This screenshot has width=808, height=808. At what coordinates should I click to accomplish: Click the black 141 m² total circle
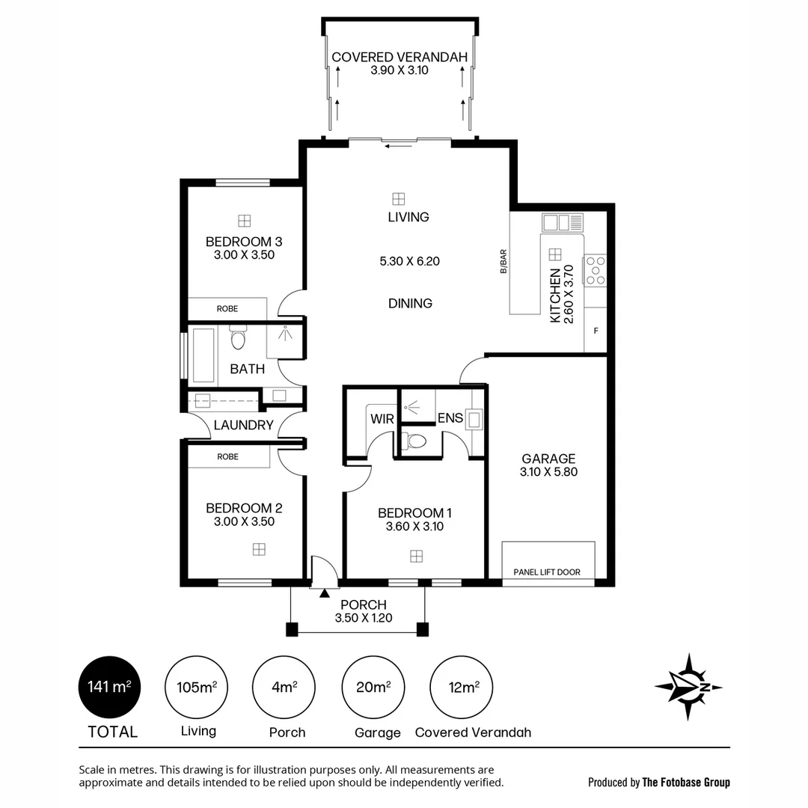(x=110, y=687)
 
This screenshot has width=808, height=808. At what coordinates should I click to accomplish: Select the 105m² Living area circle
(x=197, y=687)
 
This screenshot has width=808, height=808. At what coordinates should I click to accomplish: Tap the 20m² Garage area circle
(x=373, y=687)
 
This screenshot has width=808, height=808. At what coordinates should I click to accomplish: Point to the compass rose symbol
(x=688, y=687)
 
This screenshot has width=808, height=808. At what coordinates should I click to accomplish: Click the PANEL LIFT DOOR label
(x=547, y=572)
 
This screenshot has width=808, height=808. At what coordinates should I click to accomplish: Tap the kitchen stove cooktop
(x=596, y=271)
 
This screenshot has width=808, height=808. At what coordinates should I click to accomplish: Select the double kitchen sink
(x=563, y=222)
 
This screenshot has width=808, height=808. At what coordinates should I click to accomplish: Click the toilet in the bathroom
(x=239, y=339)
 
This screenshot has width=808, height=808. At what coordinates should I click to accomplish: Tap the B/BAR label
(x=504, y=261)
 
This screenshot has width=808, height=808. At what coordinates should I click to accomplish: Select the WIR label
(x=382, y=418)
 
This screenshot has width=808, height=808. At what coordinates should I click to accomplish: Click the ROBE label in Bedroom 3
(x=227, y=308)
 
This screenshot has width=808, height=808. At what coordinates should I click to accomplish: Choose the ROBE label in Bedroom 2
(x=227, y=456)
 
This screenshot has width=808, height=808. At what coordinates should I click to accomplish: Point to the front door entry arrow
(x=324, y=593)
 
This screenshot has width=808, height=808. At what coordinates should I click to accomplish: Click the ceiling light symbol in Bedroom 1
(x=416, y=556)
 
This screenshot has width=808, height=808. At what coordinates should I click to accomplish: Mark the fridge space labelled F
(x=596, y=330)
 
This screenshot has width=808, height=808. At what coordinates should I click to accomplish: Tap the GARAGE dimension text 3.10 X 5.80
(x=548, y=472)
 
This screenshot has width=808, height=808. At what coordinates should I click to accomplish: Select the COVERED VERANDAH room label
(x=400, y=58)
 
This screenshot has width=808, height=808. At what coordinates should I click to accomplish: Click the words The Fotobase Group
(x=686, y=783)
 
